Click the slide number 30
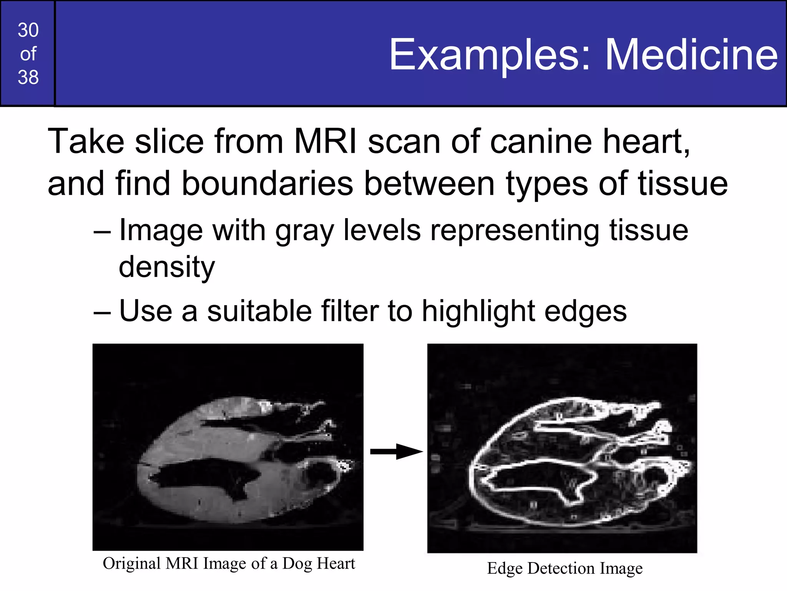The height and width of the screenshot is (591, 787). (x=28, y=30)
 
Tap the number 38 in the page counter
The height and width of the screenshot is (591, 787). (x=28, y=77)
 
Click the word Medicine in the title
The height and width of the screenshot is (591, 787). (x=691, y=55)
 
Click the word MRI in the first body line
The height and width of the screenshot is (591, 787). (x=325, y=142)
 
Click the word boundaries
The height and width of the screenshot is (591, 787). (x=267, y=184)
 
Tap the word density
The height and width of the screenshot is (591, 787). (x=167, y=267)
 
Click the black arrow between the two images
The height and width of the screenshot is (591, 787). (x=396, y=451)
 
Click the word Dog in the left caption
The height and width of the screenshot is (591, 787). (x=297, y=564)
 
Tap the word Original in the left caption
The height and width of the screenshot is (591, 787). (x=131, y=564)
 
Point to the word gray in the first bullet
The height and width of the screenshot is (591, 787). (x=304, y=231)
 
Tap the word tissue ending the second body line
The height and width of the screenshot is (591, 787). (x=683, y=184)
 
